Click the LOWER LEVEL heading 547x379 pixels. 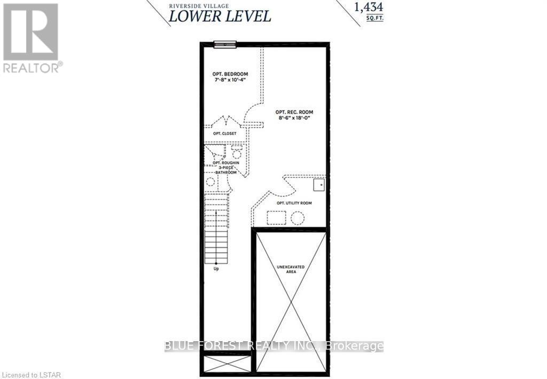coord(220,17)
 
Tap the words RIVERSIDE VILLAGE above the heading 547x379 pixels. coord(199,5)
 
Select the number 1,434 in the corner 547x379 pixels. coord(369,7)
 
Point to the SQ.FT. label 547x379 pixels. coord(374,18)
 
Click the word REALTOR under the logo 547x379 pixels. coord(31,68)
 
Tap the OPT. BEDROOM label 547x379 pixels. coord(230,74)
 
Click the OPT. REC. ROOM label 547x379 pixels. coord(294,112)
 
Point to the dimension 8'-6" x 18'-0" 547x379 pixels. coord(294,118)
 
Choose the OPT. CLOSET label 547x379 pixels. coord(225,133)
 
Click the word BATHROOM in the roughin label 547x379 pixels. coord(226,172)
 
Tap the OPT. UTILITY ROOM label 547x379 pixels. coord(294,203)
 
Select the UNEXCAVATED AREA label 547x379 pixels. coord(291,269)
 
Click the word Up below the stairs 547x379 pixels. coord(216,269)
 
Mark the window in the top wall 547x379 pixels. coord(225,44)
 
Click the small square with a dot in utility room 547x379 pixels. coord(319,185)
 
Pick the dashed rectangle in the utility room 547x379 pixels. coord(276,218)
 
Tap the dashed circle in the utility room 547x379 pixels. coord(298,218)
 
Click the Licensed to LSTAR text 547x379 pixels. coord(30,375)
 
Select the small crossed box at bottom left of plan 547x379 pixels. coord(227,364)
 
